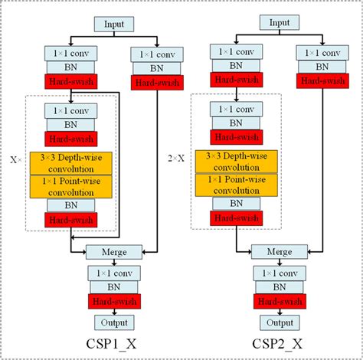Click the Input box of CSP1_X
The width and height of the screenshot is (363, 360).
pos(113,24)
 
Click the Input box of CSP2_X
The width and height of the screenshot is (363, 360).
pos(280,23)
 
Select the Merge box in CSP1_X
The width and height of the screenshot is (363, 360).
pos(113,251)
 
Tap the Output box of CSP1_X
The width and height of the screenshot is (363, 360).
pos(113,322)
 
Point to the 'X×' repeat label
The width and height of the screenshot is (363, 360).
pos(16,162)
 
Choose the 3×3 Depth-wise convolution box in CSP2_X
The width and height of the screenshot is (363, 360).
pos(237,162)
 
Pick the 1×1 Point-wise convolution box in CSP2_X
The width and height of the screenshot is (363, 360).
pos(237,185)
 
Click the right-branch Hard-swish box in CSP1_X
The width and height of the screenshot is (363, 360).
pos(156,83)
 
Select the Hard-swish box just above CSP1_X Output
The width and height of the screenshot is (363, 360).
pos(113,301)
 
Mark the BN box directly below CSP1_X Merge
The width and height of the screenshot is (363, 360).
pos(113,286)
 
